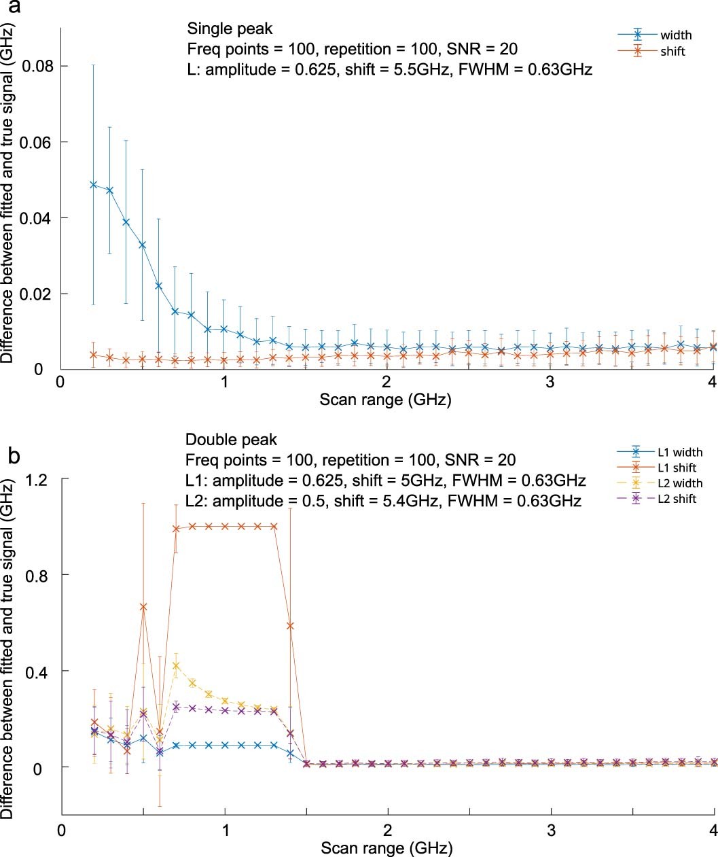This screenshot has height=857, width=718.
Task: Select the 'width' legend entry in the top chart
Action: (x=675, y=35)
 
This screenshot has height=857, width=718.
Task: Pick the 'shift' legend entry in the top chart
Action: (x=672, y=52)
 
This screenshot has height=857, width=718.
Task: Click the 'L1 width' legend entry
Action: (x=679, y=452)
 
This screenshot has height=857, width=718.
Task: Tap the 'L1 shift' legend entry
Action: (x=677, y=468)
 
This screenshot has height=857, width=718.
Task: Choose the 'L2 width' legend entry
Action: (x=679, y=483)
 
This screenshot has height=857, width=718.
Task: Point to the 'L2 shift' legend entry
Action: (x=677, y=499)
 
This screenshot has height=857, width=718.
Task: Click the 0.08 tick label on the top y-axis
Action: (x=36, y=67)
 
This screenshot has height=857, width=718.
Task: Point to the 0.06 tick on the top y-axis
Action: (x=36, y=142)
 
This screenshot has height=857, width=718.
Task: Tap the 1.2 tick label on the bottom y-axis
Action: (x=39, y=479)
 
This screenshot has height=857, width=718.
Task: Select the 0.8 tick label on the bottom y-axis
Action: (x=39, y=575)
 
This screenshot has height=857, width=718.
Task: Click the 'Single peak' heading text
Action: (x=230, y=29)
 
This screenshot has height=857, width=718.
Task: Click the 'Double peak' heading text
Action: (x=231, y=440)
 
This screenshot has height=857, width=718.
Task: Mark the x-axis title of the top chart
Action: (x=385, y=399)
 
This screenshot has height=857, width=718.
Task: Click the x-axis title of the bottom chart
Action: (x=387, y=847)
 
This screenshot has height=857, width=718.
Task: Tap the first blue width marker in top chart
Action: (x=94, y=185)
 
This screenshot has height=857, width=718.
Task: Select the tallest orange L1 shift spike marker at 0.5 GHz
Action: (x=143, y=607)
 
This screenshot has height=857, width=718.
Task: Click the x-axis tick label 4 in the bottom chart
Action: (x=713, y=830)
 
